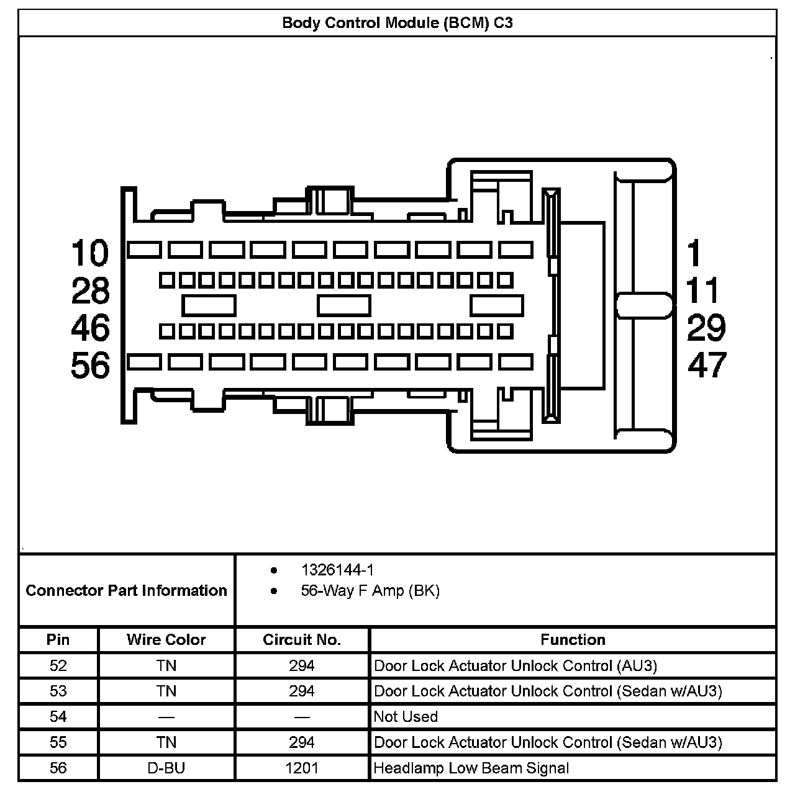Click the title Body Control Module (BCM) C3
[397, 24]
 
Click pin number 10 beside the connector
[90, 253]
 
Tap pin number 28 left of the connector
[90, 290]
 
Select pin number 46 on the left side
[90, 328]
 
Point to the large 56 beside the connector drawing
[90, 365]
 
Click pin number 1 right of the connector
[694, 253]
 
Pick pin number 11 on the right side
[702, 290]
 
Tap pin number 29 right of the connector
[706, 328]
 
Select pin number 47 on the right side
[706, 365]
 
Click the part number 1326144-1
[337, 570]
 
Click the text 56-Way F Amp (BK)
[370, 590]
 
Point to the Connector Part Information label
[127, 590]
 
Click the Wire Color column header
[166, 640]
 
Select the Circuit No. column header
[302, 640]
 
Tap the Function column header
[573, 640]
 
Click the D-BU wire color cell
[166, 768]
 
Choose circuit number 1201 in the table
[302, 768]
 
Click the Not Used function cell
[406, 717]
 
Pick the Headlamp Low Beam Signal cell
[471, 768]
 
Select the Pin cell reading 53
[58, 691]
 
